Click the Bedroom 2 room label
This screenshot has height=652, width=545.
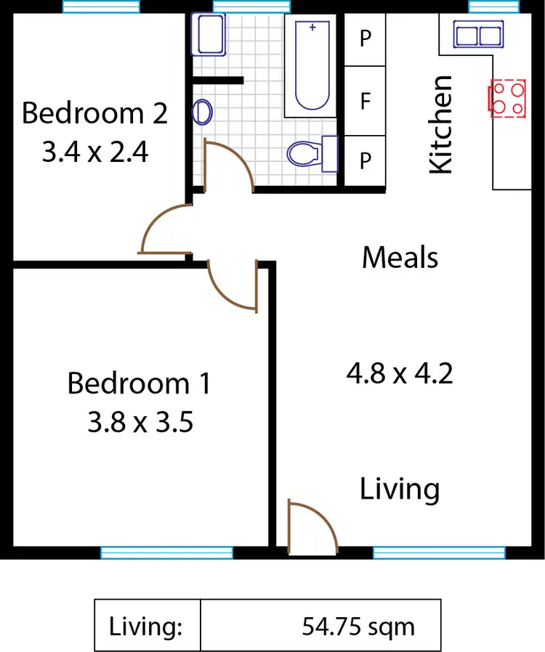point(94,114)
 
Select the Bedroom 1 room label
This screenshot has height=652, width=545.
point(139,383)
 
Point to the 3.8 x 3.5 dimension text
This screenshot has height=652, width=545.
point(140,422)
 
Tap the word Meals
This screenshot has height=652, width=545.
point(400,257)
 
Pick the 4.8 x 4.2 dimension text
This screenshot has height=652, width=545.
point(400,374)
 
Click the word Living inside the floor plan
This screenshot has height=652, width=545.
point(400,489)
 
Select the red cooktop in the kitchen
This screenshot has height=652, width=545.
point(508,98)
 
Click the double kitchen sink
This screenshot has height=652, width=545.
point(478,34)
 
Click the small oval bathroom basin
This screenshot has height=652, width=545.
point(203,112)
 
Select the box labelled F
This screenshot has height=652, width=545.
point(365,101)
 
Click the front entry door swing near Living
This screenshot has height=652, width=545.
point(310,529)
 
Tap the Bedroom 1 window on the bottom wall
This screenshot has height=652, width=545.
point(166,553)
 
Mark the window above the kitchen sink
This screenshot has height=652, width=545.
point(493,7)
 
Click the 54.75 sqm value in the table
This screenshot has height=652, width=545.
point(358,626)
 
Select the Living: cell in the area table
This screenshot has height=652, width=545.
point(146,626)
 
